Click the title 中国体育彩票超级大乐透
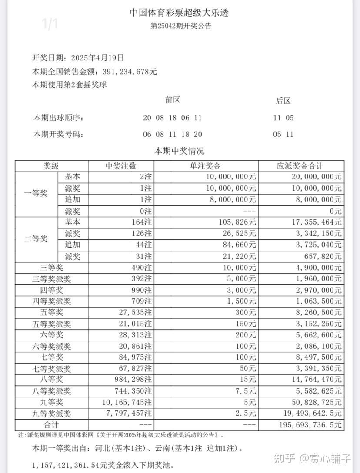(x=180, y=13)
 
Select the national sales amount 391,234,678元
(x=130, y=72)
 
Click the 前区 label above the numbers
(x=173, y=100)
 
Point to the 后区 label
(x=283, y=101)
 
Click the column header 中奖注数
(x=121, y=166)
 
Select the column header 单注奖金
(x=206, y=166)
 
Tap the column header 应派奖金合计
(x=300, y=166)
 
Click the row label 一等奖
(x=37, y=194)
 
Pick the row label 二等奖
(x=37, y=239)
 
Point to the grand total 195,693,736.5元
(x=307, y=425)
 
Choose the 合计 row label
(x=51, y=424)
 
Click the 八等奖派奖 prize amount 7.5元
(x=246, y=390)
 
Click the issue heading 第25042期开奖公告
(x=181, y=26)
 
